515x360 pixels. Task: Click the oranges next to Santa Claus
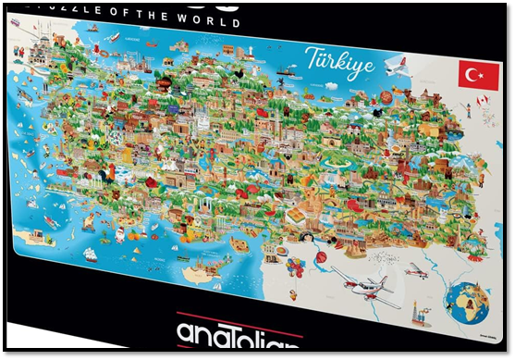[x=139, y=235]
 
